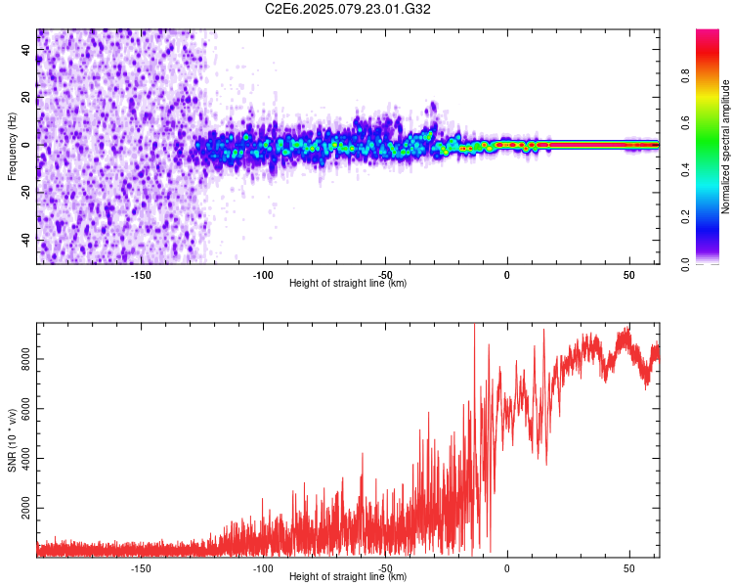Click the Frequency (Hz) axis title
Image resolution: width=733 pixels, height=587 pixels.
coord(13,146)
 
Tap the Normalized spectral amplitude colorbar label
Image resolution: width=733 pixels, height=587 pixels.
coord(725,147)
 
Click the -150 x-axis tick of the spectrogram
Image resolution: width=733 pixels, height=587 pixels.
coord(140,274)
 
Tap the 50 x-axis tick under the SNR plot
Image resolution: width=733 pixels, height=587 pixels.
coord(629,567)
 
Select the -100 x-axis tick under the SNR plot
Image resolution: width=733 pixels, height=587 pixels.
coord(262,567)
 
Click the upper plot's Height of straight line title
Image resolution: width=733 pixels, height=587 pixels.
coord(348,284)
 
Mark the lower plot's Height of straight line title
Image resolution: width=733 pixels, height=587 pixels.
coord(348,577)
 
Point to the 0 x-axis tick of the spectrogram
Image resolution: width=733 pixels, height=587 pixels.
coord(507,274)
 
